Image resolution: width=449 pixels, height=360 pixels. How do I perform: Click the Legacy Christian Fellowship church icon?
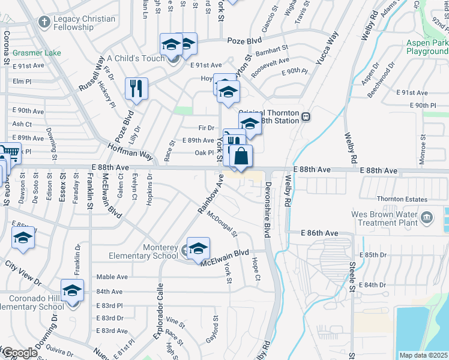[x=44, y=22]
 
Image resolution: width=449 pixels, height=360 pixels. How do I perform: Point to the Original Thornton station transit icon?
[x=306, y=117]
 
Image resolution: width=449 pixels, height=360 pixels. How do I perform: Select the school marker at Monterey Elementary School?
[x=198, y=248]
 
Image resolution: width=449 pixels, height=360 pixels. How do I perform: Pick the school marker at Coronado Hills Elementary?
[x=72, y=290]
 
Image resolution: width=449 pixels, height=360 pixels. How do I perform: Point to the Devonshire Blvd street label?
[x=267, y=209]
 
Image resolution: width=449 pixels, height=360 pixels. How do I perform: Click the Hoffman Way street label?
[x=131, y=151]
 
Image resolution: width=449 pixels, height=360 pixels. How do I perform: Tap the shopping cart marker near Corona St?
[x=9, y=152]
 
